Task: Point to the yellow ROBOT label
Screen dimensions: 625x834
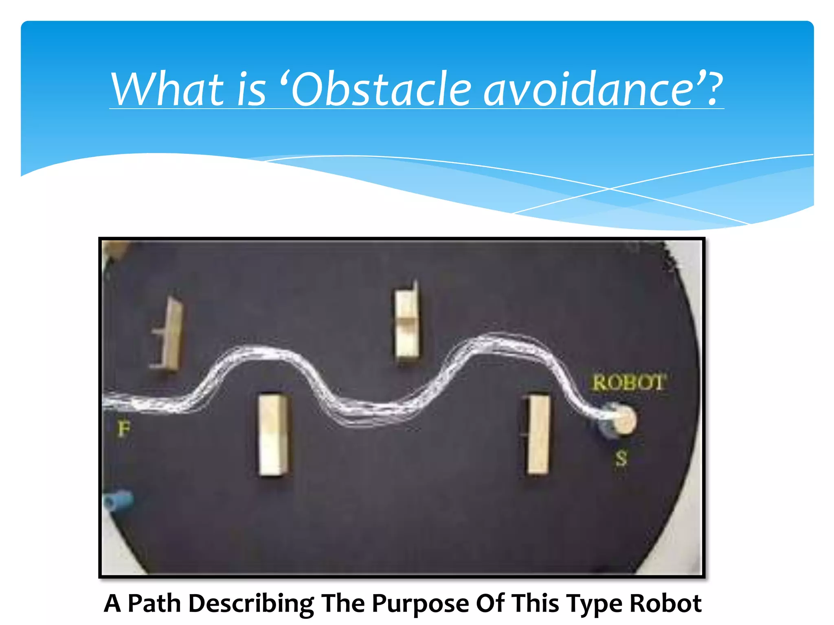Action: [629, 383]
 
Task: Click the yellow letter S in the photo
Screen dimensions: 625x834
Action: [621, 458]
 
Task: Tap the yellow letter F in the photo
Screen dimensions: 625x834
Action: [124, 428]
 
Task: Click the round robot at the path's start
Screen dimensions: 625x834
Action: [619, 420]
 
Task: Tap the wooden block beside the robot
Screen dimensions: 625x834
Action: [538, 434]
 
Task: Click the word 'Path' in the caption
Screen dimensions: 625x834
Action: [154, 603]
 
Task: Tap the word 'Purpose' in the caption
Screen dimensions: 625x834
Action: [420, 603]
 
